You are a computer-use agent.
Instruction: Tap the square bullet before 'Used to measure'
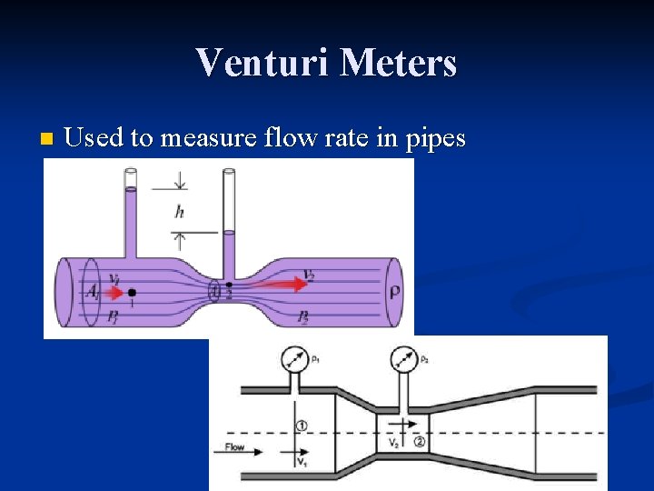46,139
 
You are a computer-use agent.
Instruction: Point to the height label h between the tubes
180,212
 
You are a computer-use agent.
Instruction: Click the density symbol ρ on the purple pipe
395,292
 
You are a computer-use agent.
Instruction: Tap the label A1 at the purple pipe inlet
93,292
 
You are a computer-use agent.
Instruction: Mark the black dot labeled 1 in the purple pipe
133,293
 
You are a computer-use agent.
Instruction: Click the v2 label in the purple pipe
309,276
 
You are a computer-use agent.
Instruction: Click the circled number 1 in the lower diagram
302,426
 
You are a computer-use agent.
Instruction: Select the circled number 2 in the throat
420,442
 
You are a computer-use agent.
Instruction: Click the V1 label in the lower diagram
302,462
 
